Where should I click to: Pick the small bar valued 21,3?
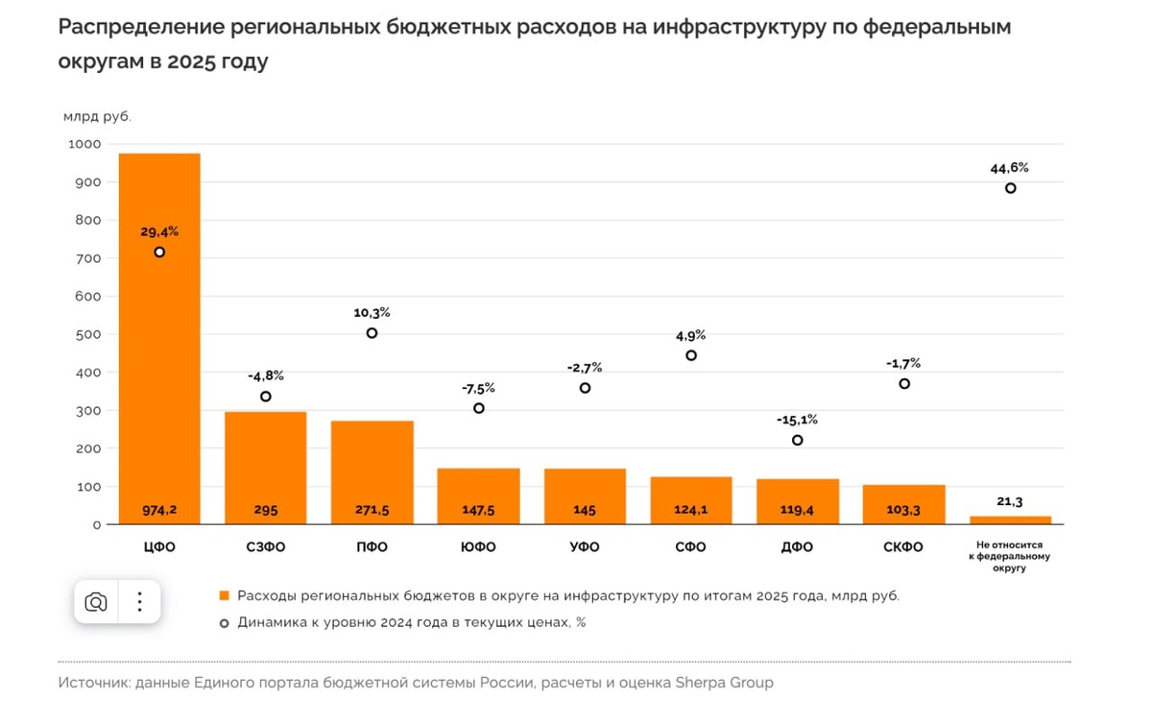pos(1010,520)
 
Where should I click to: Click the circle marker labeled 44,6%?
pos(1011,188)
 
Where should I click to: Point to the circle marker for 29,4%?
pos(159,253)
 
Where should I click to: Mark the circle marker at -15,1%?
pos(797,441)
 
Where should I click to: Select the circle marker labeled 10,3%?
pos(372,333)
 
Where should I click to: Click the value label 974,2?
pos(159,510)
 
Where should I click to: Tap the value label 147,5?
pos(478,510)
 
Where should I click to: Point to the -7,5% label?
pos(478,388)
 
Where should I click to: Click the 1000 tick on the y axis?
pos(84,144)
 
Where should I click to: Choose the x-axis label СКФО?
pos(902,547)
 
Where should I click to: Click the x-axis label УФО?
pos(584,547)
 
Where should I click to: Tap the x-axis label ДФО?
pos(797,547)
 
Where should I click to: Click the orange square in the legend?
pos(225,595)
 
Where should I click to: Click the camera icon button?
pos(96,602)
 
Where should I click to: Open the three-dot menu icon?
pos(139,602)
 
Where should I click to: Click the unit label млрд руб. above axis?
pos(97,117)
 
